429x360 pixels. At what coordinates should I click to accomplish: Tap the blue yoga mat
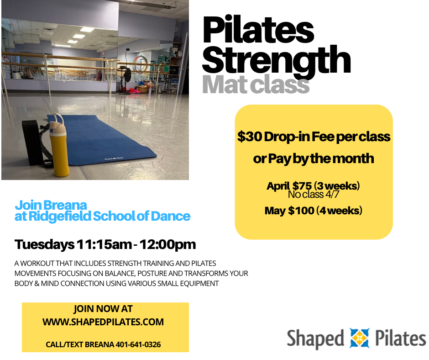tap(114, 137)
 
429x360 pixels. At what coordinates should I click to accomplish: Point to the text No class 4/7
tap(314, 195)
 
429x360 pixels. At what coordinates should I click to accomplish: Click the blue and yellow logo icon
tap(359, 339)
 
